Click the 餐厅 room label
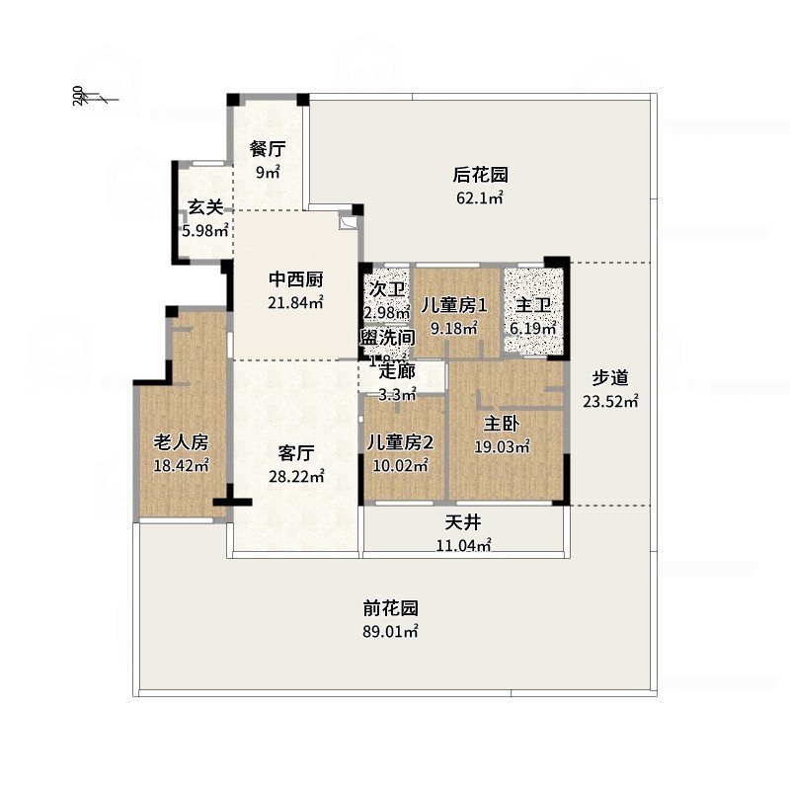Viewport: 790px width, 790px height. (x=268, y=149)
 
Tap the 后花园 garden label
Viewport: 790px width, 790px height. (x=480, y=175)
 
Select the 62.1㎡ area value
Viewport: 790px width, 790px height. (x=480, y=197)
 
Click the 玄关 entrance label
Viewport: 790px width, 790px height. (x=205, y=207)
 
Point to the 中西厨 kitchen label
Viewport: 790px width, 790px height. (x=296, y=279)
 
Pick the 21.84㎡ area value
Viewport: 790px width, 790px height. (x=296, y=302)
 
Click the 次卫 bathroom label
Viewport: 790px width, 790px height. (x=387, y=289)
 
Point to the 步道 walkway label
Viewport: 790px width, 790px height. (x=610, y=377)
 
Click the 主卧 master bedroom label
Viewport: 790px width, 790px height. (x=502, y=423)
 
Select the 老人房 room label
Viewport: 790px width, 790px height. (x=181, y=441)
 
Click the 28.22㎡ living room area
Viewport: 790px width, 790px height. (x=296, y=476)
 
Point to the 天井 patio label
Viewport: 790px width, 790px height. (x=462, y=521)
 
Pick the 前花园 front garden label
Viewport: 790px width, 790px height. (x=390, y=608)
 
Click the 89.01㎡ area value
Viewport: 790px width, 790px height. (x=390, y=631)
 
